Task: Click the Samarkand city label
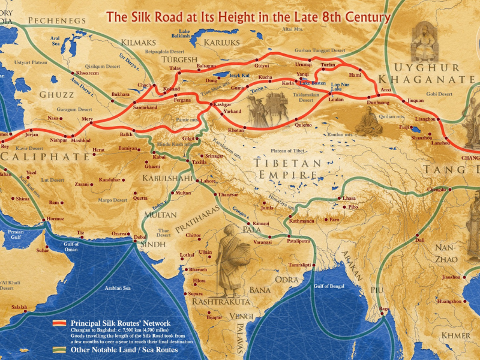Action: pyautogui.click(x=146, y=107)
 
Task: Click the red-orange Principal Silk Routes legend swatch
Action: pyautogui.click(x=59, y=323)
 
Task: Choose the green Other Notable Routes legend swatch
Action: pyautogui.click(x=59, y=349)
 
